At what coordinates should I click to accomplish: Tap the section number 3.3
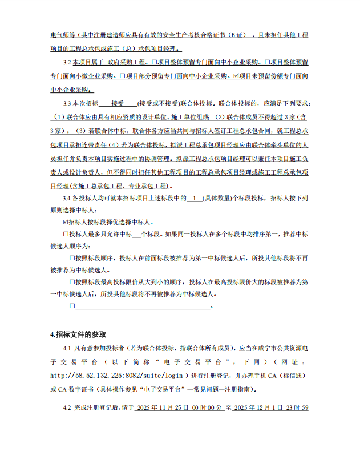click(68, 104)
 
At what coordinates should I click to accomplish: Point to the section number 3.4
click(68, 199)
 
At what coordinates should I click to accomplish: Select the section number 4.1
click(68, 348)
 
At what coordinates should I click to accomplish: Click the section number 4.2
click(68, 407)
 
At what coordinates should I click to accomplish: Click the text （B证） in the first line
click(238, 35)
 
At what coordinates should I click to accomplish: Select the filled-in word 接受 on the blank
click(118, 104)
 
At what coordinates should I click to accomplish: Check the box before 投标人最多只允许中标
click(64, 234)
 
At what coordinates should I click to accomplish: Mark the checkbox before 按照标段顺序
click(72, 258)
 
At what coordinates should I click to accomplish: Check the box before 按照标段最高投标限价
click(72, 282)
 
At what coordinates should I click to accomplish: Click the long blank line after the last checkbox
click(143, 306)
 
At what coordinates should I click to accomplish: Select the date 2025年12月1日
click(260, 407)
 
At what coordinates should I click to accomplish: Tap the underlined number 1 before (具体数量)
click(195, 199)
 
